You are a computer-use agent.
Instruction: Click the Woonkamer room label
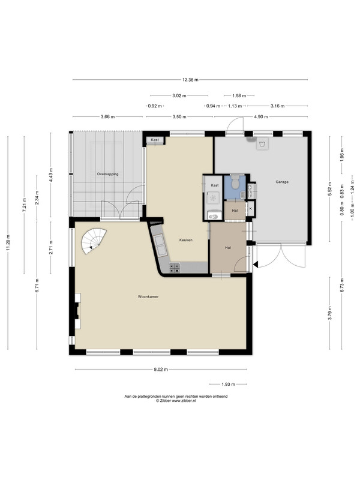click(148, 296)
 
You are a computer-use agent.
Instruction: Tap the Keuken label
click(186, 240)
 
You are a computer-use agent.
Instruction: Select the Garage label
click(282, 182)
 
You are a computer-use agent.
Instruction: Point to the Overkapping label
click(108, 174)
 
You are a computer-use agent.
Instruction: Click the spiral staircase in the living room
click(94, 242)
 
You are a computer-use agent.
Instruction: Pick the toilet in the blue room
click(235, 181)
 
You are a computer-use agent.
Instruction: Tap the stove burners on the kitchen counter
click(175, 268)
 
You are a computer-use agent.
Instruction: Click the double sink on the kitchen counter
click(161, 245)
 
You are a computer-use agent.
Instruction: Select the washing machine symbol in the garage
click(262, 144)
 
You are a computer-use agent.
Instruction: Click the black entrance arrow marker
click(256, 264)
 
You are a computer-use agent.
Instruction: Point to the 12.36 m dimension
click(190, 80)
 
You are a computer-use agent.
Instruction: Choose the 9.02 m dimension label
click(161, 370)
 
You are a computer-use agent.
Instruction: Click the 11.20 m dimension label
click(8, 242)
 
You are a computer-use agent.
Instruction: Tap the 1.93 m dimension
click(228, 384)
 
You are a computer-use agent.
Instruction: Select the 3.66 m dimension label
click(108, 116)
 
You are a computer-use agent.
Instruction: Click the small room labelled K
click(251, 209)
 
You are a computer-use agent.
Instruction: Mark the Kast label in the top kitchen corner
click(155, 140)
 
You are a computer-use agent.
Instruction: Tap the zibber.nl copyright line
click(176, 400)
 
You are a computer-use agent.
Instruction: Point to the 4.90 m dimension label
click(261, 116)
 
